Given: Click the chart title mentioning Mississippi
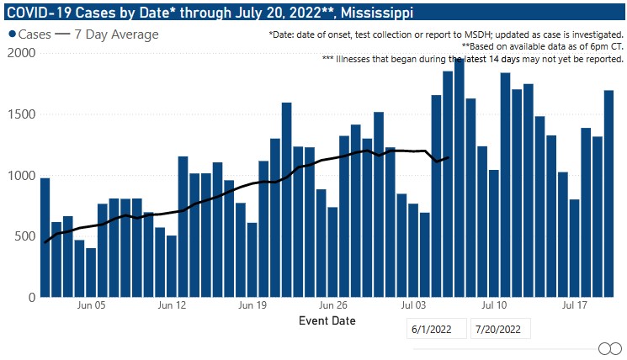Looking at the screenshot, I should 210,13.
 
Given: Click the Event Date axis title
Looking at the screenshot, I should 327,320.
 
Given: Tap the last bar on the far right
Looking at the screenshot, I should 609,193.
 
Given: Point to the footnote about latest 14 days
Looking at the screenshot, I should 472,59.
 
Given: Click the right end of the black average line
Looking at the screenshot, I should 449,157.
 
